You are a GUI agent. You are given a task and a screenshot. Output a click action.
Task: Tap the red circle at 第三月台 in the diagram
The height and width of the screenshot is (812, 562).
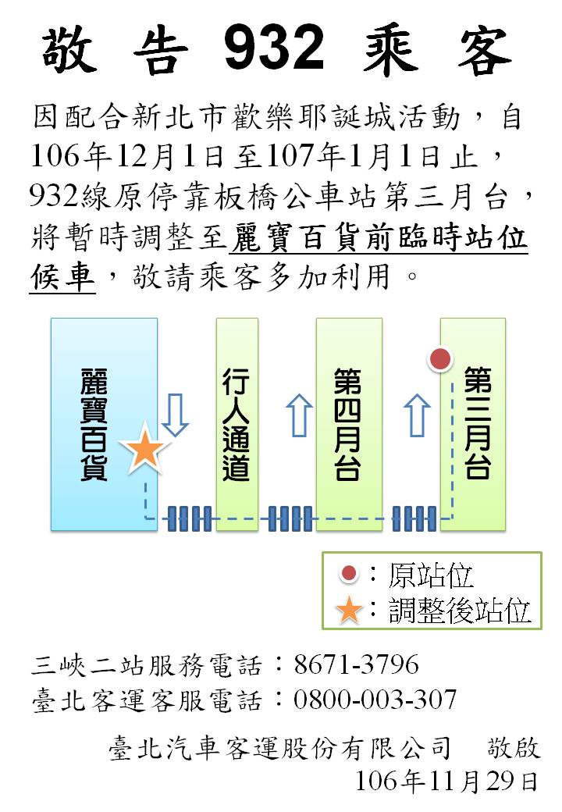tap(440, 359)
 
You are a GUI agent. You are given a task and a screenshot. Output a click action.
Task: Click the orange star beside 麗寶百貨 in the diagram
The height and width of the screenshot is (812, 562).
tap(144, 448)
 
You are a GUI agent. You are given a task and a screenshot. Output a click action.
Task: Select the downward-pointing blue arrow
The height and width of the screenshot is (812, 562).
tap(175, 415)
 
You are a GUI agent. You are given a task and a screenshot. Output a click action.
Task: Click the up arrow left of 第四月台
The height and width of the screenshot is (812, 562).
tap(299, 415)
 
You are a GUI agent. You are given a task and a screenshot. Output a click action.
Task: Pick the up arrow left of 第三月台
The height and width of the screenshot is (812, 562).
tap(417, 415)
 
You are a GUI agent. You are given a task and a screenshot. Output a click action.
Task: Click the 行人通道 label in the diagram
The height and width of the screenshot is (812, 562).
tap(236, 424)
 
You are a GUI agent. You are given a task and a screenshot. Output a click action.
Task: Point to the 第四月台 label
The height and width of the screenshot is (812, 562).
tap(347, 424)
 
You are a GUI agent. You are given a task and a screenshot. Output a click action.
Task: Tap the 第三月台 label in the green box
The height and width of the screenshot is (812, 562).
tap(477, 422)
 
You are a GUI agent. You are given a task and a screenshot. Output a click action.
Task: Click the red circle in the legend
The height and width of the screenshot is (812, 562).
tap(349, 573)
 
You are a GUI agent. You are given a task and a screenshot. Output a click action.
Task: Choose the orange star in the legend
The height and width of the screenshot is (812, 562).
tap(349, 610)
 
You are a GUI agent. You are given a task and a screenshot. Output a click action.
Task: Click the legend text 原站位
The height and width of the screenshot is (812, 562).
tap(431, 575)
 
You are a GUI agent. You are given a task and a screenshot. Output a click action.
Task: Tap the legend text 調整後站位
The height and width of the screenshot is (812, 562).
tap(460, 610)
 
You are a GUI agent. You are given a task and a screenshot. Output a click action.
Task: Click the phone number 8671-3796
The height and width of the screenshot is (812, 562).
tap(357, 664)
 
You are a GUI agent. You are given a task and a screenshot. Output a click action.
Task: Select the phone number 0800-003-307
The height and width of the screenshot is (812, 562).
tap(375, 700)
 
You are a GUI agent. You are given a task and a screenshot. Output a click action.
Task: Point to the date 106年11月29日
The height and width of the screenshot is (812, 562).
tap(447, 782)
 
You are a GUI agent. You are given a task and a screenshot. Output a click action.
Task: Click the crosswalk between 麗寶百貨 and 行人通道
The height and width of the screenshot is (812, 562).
tap(189, 518)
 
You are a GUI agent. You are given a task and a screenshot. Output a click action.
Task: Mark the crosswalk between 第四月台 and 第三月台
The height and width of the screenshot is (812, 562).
tap(414, 518)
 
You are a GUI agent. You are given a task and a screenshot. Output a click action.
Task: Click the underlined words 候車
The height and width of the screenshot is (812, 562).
tap(62, 276)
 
